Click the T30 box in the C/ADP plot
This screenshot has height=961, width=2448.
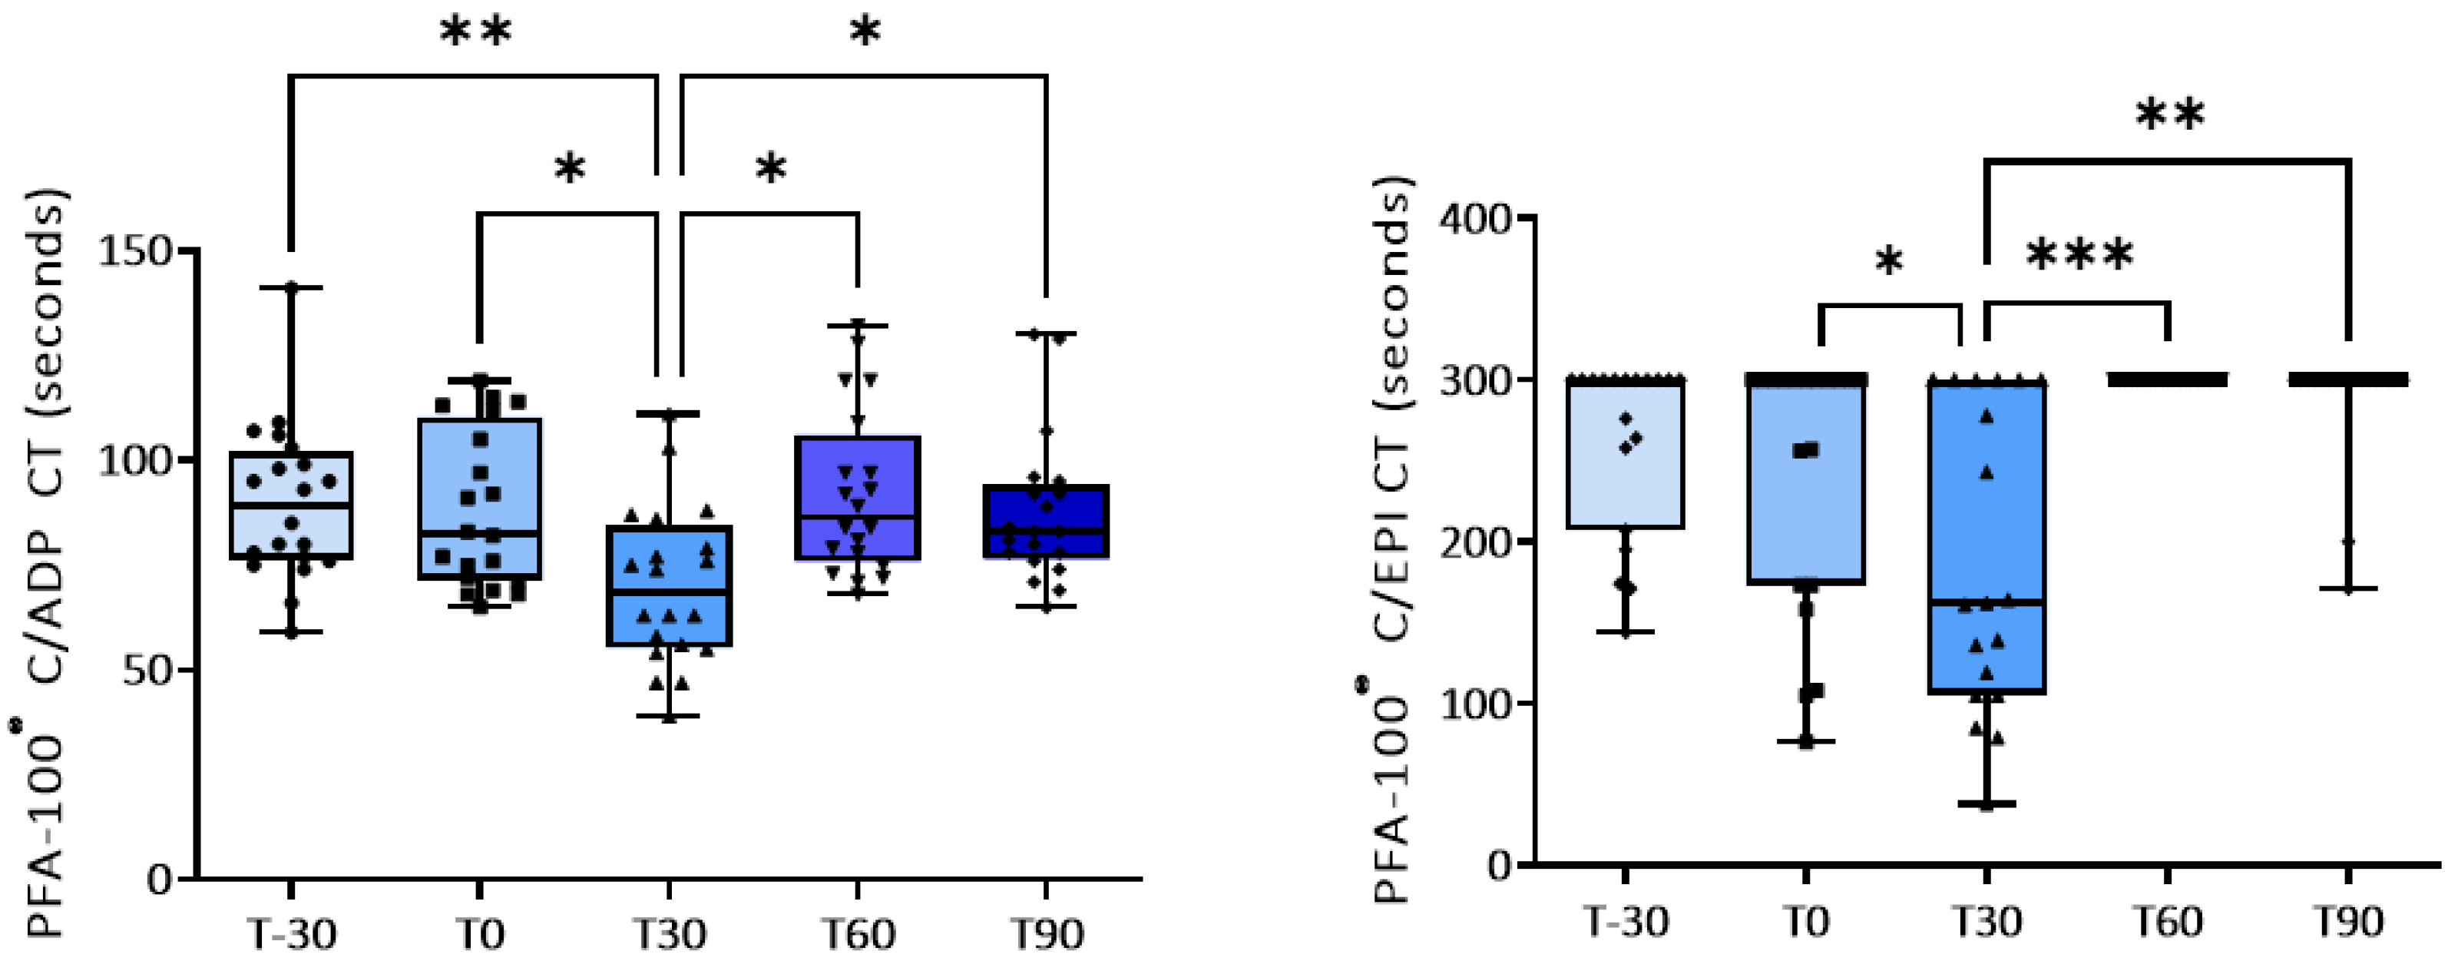point(669,585)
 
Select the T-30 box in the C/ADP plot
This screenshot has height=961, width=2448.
point(292,505)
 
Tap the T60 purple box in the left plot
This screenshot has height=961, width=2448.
point(858,498)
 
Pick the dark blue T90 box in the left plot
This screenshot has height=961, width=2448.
point(1047,522)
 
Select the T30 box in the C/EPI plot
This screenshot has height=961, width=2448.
point(1987,537)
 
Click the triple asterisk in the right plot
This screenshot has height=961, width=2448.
point(2079,255)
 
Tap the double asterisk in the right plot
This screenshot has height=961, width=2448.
point(2169,116)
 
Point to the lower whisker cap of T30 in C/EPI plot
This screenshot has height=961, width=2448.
point(1987,804)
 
